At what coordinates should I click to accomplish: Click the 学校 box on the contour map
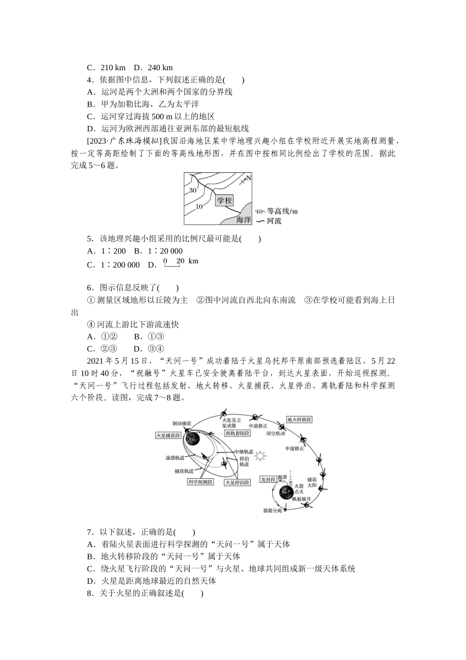[224, 200]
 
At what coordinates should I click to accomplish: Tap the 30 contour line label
[192, 190]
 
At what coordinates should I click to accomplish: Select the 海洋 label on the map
[243, 219]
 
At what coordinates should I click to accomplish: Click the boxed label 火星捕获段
[168, 436]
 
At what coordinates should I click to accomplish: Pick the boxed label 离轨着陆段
[237, 433]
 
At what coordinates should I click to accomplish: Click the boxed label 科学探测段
[200, 482]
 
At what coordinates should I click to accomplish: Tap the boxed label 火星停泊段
[237, 482]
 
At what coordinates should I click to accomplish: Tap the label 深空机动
[276, 434]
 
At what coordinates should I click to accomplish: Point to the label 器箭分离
[272, 511]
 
